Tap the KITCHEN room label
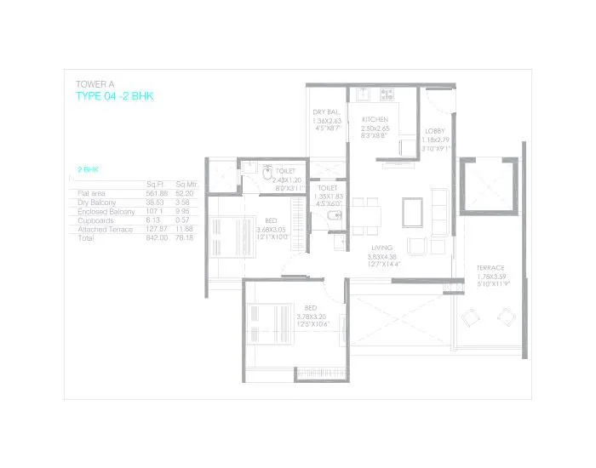pyautogui.click(x=375, y=119)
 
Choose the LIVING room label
pyautogui.click(x=381, y=248)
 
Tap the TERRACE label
pyautogui.click(x=490, y=267)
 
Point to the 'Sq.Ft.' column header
pyautogui.click(x=154, y=185)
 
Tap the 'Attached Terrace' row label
pyautogui.click(x=105, y=230)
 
